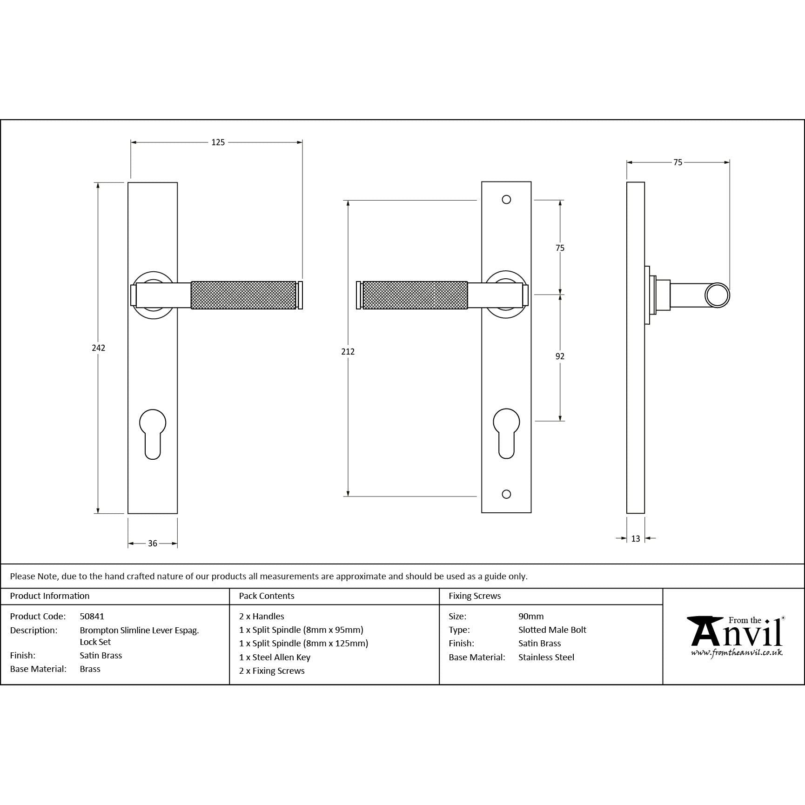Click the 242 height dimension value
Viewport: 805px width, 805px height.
point(98,348)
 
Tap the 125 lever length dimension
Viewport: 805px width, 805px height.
point(218,142)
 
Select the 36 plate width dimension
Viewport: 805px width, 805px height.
point(153,543)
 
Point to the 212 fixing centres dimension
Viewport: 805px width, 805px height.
point(348,352)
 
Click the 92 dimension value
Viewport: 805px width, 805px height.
point(560,356)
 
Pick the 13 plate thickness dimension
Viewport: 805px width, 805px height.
point(636,538)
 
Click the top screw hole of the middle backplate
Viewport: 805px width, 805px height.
point(506,200)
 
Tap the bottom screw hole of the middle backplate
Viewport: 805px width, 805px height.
point(506,494)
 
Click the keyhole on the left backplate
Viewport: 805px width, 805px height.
point(153,433)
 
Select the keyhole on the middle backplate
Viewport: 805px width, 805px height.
point(506,433)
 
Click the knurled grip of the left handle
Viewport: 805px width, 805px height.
point(243,295)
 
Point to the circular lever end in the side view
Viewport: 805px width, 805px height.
point(717,295)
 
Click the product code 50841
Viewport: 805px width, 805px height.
point(92,616)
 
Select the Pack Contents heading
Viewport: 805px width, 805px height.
point(267,596)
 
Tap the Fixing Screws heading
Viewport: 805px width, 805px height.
point(475,596)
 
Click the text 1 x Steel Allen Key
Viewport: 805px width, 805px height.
point(275,657)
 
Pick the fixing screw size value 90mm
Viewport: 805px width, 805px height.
point(531,616)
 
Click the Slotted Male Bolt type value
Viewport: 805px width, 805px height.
point(552,630)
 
